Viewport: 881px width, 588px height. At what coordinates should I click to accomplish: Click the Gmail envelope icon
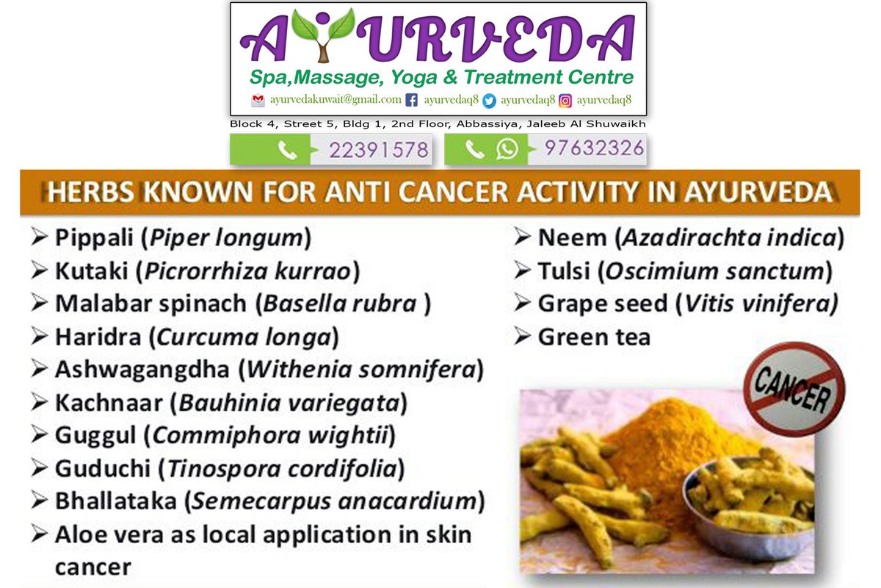point(258,100)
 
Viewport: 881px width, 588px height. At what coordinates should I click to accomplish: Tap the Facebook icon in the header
point(412,100)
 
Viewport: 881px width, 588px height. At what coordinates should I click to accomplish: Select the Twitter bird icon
point(489,100)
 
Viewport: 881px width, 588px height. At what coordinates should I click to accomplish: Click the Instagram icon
point(565,100)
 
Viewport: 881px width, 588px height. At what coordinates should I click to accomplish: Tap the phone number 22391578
point(379,151)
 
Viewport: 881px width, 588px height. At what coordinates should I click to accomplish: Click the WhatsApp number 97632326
point(594,149)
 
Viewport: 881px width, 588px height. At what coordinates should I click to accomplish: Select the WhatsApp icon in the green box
point(507,150)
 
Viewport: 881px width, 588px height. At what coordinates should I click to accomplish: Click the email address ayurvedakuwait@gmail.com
point(336,99)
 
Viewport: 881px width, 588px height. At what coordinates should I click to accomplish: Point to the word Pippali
point(95,238)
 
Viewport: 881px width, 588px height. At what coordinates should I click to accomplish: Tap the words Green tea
point(594,337)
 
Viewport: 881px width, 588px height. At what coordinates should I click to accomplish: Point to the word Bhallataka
point(115,502)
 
